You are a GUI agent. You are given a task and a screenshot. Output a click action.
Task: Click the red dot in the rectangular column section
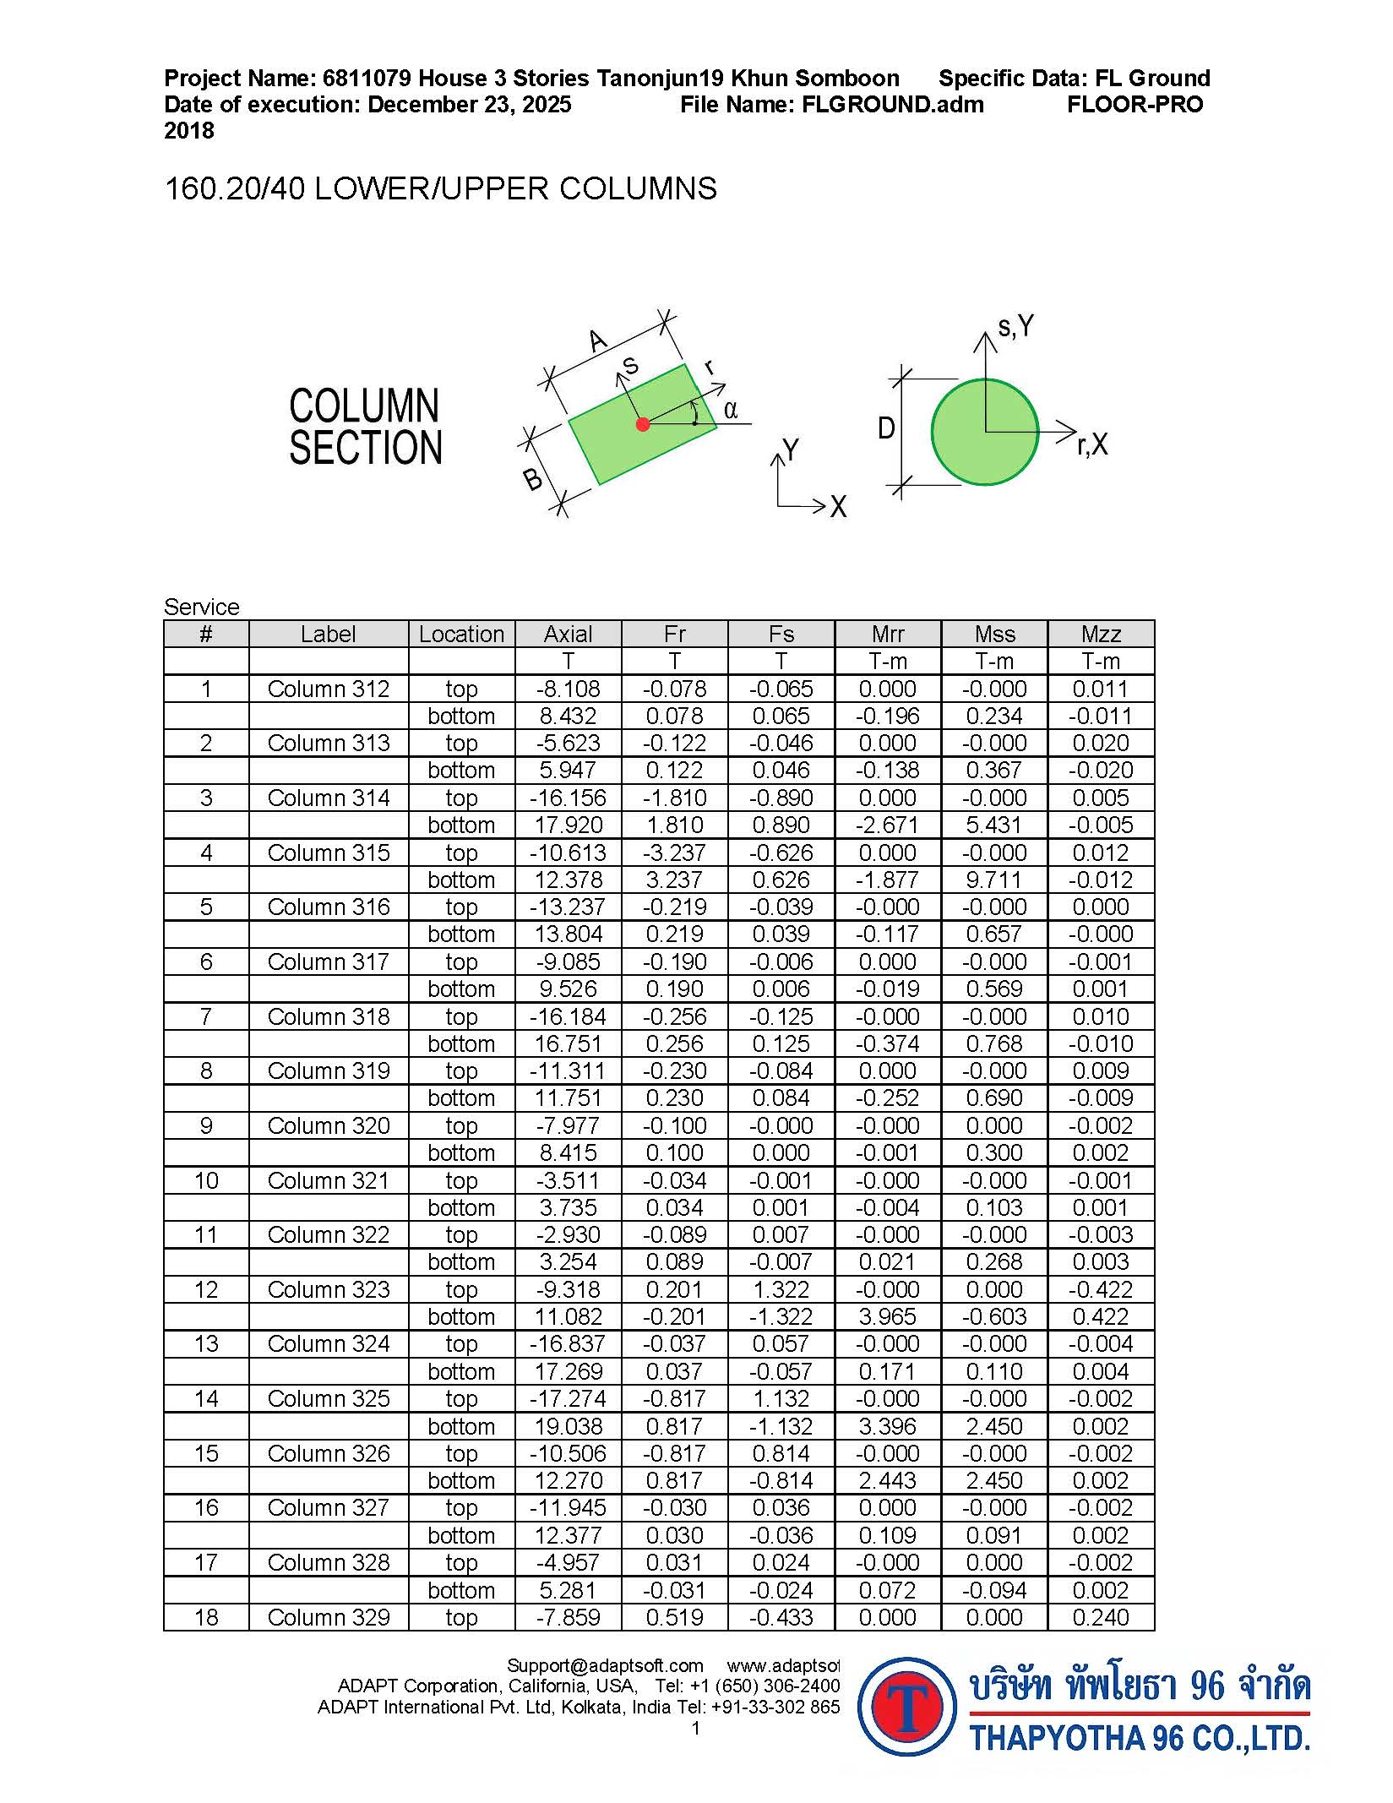tap(643, 424)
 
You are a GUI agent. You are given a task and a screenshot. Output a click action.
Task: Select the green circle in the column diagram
tap(985, 432)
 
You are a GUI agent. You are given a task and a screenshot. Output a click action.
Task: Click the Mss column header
tap(994, 634)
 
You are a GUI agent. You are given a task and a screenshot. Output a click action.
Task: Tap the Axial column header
tap(568, 634)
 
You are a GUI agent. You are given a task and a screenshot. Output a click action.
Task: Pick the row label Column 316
tap(329, 907)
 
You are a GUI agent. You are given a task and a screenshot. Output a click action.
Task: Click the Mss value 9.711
tap(994, 880)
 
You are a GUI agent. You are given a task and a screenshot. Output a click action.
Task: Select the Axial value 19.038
tap(568, 1426)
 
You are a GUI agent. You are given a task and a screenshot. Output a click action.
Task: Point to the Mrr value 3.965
tap(888, 1316)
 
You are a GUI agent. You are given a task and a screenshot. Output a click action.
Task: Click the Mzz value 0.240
tap(1101, 1617)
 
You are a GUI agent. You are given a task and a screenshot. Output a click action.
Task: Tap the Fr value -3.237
tap(674, 852)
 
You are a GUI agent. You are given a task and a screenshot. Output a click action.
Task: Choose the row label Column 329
tap(329, 1617)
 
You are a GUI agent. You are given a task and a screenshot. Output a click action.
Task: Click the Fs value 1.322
tap(781, 1289)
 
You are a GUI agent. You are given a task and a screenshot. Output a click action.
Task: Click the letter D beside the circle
tap(886, 429)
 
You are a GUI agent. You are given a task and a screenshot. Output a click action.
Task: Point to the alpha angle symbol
tap(731, 411)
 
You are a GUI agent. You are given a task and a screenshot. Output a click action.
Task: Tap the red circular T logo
tap(907, 1707)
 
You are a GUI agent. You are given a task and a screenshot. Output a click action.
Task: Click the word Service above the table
tap(202, 607)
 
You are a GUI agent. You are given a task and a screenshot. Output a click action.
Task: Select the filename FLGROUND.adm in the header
tap(892, 105)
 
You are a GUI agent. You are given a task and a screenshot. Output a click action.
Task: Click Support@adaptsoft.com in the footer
tap(605, 1665)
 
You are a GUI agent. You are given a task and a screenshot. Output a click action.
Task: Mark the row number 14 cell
tap(206, 1398)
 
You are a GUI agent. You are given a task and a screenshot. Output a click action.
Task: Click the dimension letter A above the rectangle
tap(598, 341)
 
